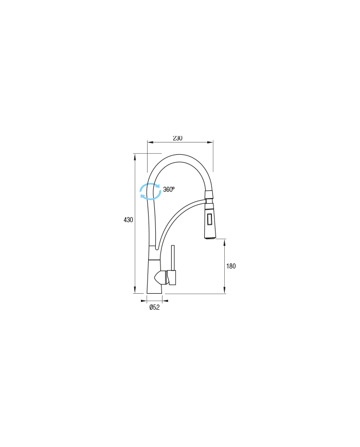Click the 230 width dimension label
tap(177, 138)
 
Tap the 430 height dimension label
tap(128, 220)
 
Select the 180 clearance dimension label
tap(231, 266)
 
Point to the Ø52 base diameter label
tap(154, 307)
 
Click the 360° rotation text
tap(169, 189)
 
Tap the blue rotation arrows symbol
tap(150, 191)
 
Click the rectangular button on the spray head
tap(210, 220)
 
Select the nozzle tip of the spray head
tap(211, 238)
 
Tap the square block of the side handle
tap(172, 277)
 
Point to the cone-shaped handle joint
tap(161, 277)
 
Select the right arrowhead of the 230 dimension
tap(210, 142)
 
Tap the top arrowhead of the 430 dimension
tap(135, 156)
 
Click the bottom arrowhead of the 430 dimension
tap(135, 290)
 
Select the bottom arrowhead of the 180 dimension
tap(225, 290)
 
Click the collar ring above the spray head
tap(209, 195)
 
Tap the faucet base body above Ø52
tap(154, 276)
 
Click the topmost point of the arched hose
tap(179, 154)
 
